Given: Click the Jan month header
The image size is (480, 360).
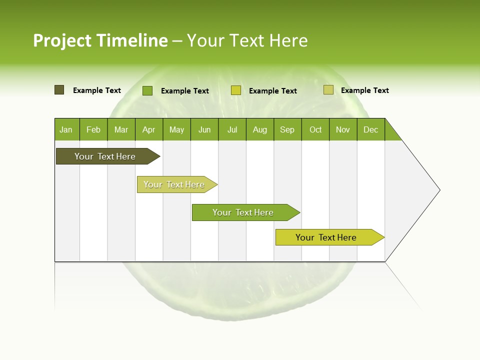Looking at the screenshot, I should (x=66, y=129).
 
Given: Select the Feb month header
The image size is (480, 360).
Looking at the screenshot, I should (x=93, y=129).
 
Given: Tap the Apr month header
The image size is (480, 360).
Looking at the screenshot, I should (x=149, y=129).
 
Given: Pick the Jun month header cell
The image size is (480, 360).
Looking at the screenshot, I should (x=204, y=129).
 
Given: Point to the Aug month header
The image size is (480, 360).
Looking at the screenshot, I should (x=260, y=129).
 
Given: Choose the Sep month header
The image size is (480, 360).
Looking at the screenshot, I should (x=287, y=129).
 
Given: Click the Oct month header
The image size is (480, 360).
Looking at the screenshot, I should (x=315, y=129).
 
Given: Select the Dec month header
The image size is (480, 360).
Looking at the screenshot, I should (x=371, y=129).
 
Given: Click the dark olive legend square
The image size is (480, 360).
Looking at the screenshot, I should (x=59, y=90).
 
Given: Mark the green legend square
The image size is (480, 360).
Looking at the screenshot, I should (x=147, y=90).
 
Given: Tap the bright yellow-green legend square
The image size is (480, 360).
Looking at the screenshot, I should (x=236, y=90).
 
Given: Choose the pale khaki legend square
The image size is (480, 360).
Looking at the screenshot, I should (x=328, y=90).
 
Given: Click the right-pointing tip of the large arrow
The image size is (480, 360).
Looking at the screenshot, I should (x=438, y=190).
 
